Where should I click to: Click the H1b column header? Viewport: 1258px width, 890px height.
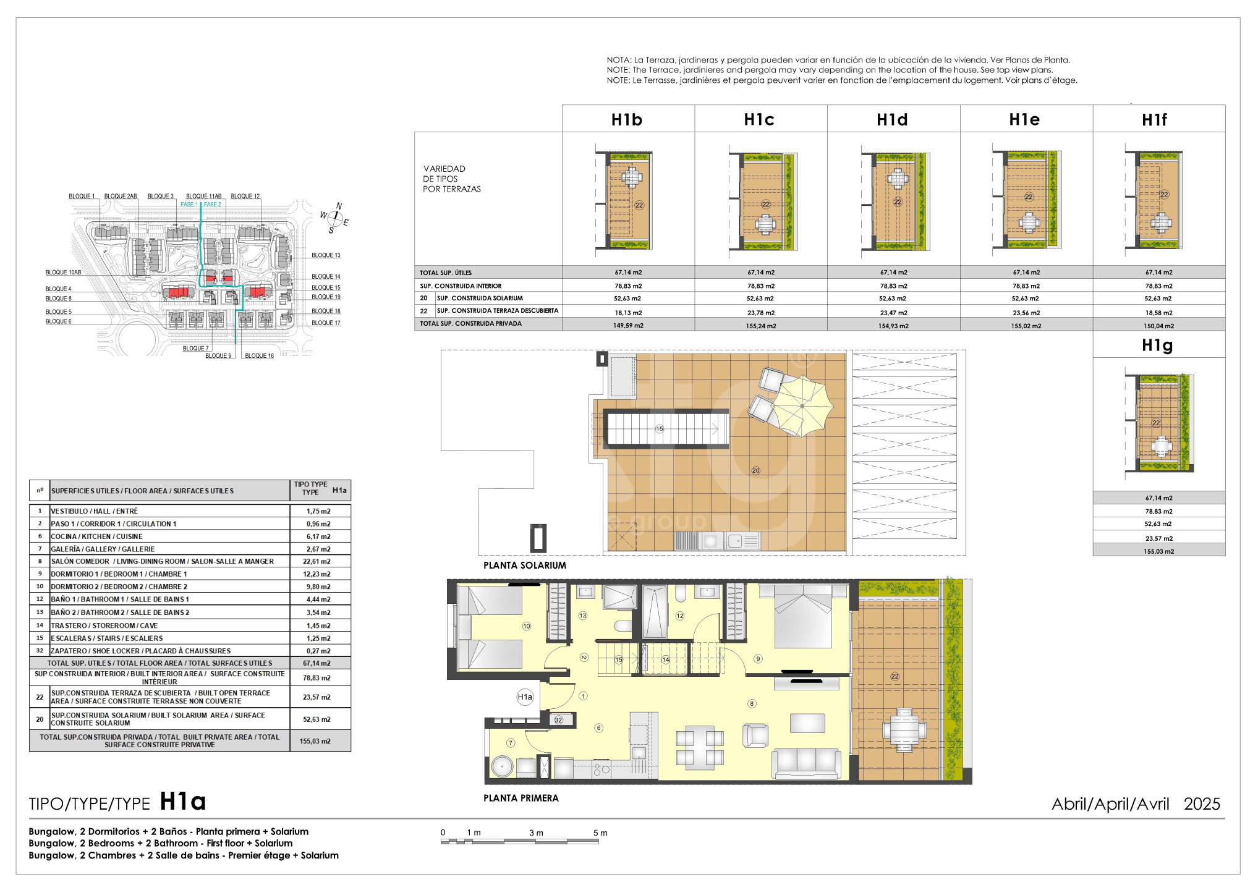point(627,120)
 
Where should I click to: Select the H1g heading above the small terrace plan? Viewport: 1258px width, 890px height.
point(1157,345)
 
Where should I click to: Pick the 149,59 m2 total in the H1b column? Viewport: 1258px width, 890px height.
point(628,326)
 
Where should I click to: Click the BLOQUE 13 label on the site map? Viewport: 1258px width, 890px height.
point(326,255)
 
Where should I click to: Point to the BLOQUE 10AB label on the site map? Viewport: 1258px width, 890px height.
point(63,273)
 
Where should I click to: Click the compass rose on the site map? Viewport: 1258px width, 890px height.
point(334,218)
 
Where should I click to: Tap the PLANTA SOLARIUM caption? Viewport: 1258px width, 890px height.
point(524,566)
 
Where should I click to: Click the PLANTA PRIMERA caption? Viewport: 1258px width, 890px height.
point(521,799)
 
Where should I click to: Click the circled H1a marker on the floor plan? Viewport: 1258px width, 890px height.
point(524,697)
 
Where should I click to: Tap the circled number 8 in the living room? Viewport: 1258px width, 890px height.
point(752,703)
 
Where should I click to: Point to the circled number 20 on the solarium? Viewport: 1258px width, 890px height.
point(755,470)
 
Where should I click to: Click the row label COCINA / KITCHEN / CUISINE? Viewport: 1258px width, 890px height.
point(96,536)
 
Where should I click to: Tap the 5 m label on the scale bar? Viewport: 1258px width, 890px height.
point(600,833)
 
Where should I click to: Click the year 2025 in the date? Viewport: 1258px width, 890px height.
point(1202,804)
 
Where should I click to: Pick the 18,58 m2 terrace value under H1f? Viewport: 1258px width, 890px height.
point(1158,313)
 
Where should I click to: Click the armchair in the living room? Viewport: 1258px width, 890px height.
point(755,735)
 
